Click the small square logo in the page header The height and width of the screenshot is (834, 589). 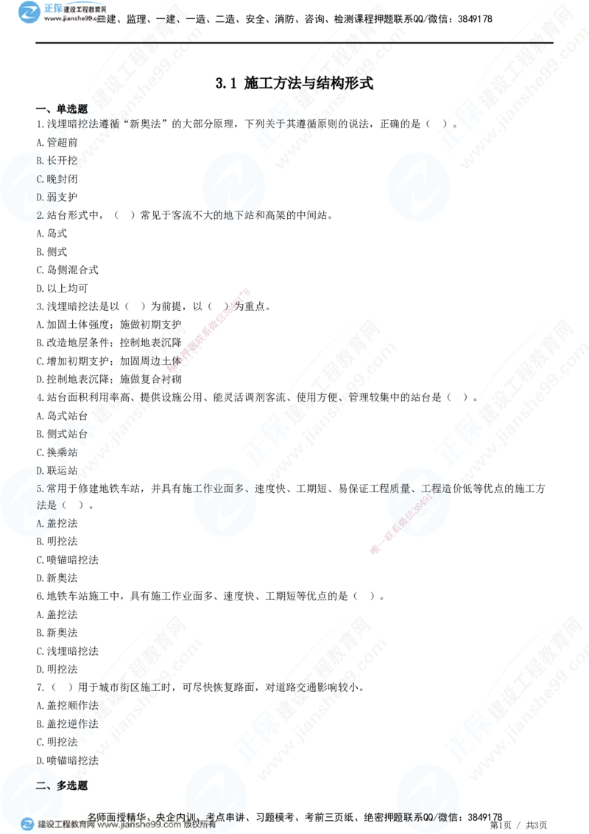[x=29, y=13]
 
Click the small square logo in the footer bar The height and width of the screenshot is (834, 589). [x=27, y=824]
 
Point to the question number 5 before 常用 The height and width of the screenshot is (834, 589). [x=40, y=488]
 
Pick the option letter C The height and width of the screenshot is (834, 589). [x=40, y=178]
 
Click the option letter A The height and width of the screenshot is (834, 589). [x=40, y=523]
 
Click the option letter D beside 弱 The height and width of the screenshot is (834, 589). [x=40, y=197]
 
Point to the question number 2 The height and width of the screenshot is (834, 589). [x=40, y=215]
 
